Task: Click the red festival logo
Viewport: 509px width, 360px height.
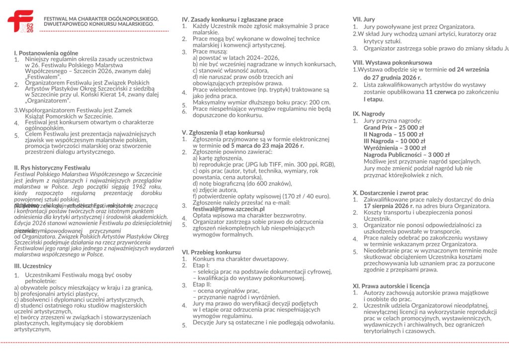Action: click(x=20, y=21)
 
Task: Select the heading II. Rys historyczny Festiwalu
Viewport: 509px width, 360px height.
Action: click(x=52, y=168)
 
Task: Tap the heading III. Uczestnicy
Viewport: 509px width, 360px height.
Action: click(x=33, y=266)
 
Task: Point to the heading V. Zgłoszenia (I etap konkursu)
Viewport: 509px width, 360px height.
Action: click(x=224, y=133)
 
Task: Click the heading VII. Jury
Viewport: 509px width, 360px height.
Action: click(x=364, y=19)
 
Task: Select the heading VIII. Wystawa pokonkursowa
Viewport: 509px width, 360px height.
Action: click(x=392, y=63)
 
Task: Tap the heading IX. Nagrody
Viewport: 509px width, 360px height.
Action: click(x=369, y=114)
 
